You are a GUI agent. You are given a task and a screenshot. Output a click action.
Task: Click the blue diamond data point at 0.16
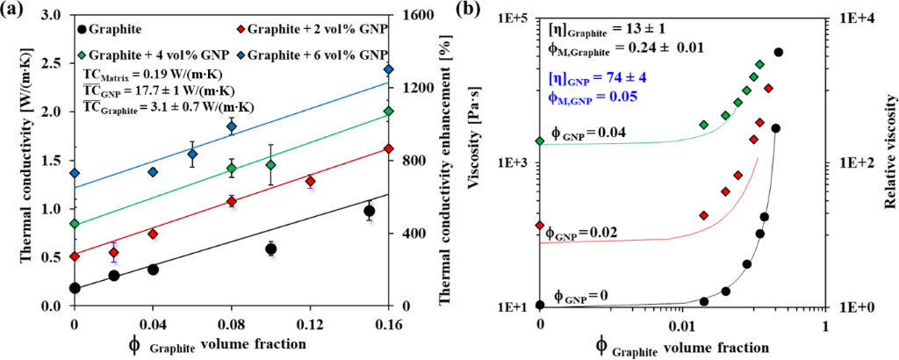click(389, 69)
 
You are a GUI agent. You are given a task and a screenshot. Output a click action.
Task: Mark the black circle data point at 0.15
click(370, 211)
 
